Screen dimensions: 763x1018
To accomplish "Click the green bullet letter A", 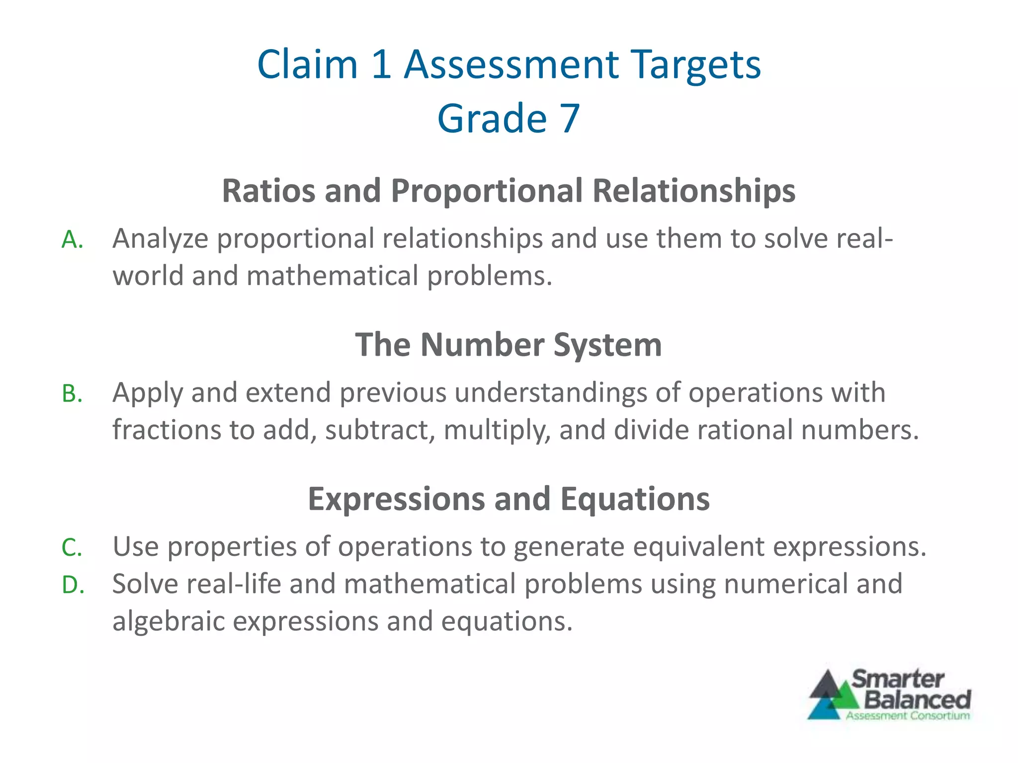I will [x=72, y=240].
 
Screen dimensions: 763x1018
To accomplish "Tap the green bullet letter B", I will [x=72, y=394].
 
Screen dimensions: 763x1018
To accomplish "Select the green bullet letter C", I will [x=72, y=548].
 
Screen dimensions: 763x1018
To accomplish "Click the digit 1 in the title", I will [x=381, y=65].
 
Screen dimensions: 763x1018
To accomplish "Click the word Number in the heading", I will [x=482, y=345].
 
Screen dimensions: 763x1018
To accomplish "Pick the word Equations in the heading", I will [x=635, y=499].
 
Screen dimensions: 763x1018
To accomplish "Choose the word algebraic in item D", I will [x=169, y=622].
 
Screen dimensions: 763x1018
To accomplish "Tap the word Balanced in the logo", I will [x=918, y=700].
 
